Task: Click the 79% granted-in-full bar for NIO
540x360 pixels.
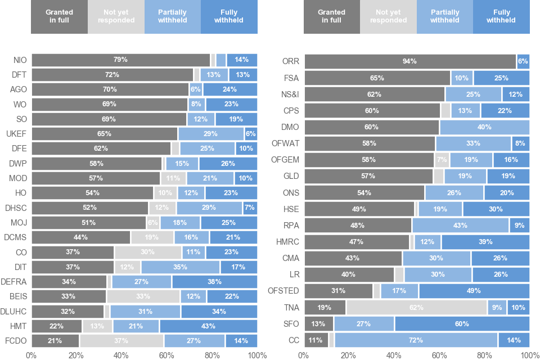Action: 120,60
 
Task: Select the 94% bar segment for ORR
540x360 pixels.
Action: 409,61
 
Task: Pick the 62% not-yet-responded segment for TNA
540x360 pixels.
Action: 416,308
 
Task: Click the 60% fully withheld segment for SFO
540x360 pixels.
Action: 461,323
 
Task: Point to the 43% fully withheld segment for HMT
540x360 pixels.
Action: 208,326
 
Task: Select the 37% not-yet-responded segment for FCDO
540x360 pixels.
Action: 121,341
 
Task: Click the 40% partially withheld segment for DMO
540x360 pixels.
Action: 484,127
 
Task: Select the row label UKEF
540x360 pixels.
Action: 16,134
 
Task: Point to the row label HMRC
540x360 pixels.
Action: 289,242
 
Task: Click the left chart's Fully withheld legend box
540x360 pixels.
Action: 229,17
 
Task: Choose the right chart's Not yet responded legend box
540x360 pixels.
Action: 388,17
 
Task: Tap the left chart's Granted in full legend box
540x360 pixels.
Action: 59,17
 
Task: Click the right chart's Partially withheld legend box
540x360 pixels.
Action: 444,17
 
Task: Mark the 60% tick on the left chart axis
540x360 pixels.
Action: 166,355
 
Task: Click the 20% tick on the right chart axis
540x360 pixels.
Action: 349,355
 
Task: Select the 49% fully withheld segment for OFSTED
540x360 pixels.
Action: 474,291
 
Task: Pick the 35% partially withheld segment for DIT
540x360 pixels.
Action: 180,267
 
